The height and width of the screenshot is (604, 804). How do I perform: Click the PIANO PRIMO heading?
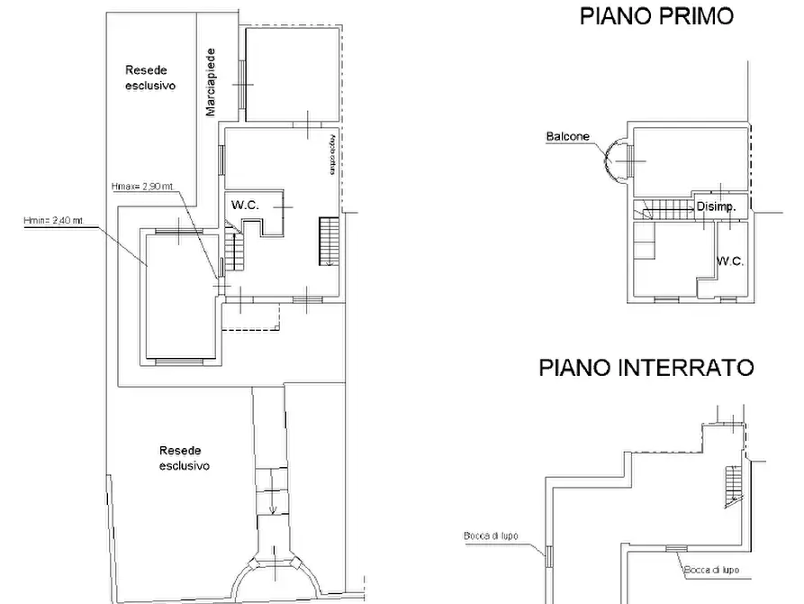[656, 15]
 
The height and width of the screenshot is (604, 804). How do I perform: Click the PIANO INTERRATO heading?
[646, 367]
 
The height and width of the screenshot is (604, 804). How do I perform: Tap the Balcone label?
[567, 137]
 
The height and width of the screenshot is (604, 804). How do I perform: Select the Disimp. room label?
[717, 206]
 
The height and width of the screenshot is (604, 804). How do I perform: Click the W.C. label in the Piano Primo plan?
[729, 261]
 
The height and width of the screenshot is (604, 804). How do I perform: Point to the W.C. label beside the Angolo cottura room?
[245, 206]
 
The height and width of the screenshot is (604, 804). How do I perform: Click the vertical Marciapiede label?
[210, 82]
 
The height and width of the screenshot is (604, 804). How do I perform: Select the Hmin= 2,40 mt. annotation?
[53, 220]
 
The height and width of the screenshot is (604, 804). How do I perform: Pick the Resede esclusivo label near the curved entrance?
[184, 458]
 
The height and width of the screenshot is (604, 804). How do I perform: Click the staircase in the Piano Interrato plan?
[734, 483]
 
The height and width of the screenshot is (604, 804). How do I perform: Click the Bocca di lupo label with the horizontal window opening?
[711, 570]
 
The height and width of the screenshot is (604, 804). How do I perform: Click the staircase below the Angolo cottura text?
[328, 242]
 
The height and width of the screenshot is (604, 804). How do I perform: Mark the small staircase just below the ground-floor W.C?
[234, 251]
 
